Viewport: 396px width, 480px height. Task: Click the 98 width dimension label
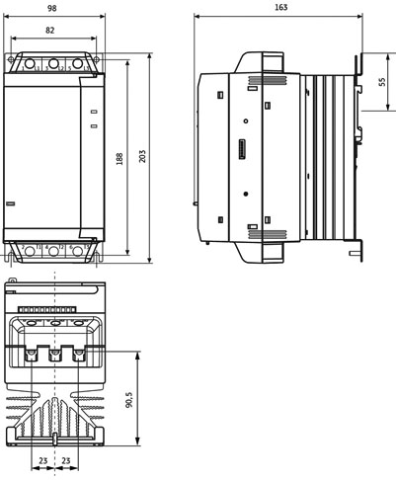[52, 8]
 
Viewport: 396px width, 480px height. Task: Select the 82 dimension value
[49, 30]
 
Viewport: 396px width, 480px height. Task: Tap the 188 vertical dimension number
[119, 158]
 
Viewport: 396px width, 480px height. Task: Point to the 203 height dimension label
[142, 156]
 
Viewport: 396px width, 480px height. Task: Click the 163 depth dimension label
[280, 7]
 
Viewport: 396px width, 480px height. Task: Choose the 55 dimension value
[382, 82]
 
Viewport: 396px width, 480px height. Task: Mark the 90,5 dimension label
[129, 399]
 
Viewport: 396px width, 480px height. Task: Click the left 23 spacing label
[43, 460]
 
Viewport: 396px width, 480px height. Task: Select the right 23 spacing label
[66, 460]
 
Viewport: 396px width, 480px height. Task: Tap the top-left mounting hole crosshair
[11, 59]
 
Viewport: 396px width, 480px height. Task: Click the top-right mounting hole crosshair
[96, 59]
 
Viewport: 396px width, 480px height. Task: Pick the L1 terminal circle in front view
[30, 63]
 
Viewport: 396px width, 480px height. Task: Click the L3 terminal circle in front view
[78, 63]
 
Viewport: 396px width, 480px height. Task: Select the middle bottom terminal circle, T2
[53, 251]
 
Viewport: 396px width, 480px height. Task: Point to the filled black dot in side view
[246, 194]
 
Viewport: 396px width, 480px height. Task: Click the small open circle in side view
[246, 121]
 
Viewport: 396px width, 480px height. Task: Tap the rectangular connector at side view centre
[242, 150]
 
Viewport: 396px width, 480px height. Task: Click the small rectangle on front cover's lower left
[11, 203]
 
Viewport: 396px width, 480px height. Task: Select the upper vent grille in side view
[268, 80]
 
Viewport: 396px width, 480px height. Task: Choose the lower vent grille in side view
[268, 234]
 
